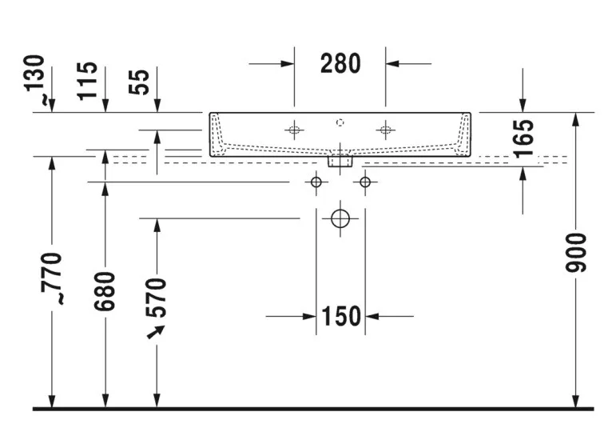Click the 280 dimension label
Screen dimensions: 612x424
pos(340,64)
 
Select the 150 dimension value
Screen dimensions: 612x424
pos(341,316)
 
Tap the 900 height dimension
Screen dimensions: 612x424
pos(576,253)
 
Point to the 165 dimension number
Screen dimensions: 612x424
pos(524,139)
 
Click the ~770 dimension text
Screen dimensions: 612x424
pos(51,278)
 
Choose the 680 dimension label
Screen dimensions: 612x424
pos(105,291)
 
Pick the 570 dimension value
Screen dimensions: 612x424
pos(156,298)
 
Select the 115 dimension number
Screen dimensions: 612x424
pos(87,81)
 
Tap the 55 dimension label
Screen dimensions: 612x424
pos(139,82)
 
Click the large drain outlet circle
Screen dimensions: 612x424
pos(340,218)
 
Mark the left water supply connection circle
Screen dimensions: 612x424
pos(316,182)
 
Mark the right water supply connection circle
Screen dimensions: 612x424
pos(365,182)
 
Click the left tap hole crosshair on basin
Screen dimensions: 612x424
pos(294,130)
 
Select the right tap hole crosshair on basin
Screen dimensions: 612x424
pos(386,130)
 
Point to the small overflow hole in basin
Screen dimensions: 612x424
pos(340,122)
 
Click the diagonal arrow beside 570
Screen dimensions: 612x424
pos(155,332)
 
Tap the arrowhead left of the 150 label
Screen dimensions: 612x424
pos(310,316)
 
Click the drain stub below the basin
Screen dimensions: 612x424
pos(340,161)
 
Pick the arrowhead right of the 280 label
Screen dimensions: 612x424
pos(392,64)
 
